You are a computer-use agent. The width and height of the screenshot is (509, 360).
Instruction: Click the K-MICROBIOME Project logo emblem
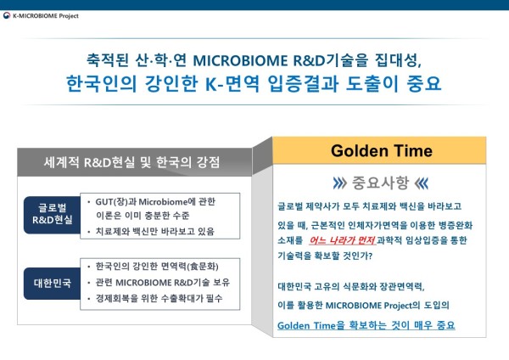(x=7, y=15)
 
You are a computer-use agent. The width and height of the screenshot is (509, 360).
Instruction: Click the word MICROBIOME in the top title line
(x=240, y=60)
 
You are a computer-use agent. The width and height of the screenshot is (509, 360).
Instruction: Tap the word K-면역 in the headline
(x=232, y=83)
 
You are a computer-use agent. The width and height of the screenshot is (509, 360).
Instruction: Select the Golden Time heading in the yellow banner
(x=382, y=151)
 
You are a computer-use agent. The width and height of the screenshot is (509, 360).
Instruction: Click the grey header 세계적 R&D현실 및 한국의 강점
(x=131, y=162)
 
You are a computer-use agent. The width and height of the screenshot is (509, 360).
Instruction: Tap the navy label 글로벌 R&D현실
(x=53, y=214)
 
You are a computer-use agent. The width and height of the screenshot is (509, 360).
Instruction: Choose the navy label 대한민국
(x=53, y=283)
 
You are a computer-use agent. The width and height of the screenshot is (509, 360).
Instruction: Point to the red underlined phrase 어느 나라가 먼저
(x=342, y=240)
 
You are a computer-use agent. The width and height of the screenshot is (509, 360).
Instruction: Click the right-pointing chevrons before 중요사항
(x=339, y=183)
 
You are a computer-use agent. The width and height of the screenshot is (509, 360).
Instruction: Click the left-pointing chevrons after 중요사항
(x=422, y=183)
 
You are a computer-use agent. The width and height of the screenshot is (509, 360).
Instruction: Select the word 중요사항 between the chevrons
(x=380, y=183)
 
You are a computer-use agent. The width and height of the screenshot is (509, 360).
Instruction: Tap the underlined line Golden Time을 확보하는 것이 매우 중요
(x=366, y=325)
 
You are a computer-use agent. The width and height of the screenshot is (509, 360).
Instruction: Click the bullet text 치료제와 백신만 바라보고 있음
(x=155, y=231)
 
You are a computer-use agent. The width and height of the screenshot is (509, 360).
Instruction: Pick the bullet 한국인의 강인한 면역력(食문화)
(x=157, y=267)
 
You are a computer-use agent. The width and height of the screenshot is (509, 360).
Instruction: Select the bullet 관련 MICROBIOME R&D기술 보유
(x=163, y=283)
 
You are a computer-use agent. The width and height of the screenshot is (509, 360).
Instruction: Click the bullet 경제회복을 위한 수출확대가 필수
(x=159, y=298)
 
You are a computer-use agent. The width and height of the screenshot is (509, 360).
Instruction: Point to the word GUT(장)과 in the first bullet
(x=115, y=202)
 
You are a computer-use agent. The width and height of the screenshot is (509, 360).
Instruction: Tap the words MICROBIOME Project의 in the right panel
(x=372, y=306)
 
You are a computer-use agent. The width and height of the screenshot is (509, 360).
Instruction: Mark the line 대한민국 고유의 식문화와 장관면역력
(x=351, y=287)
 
